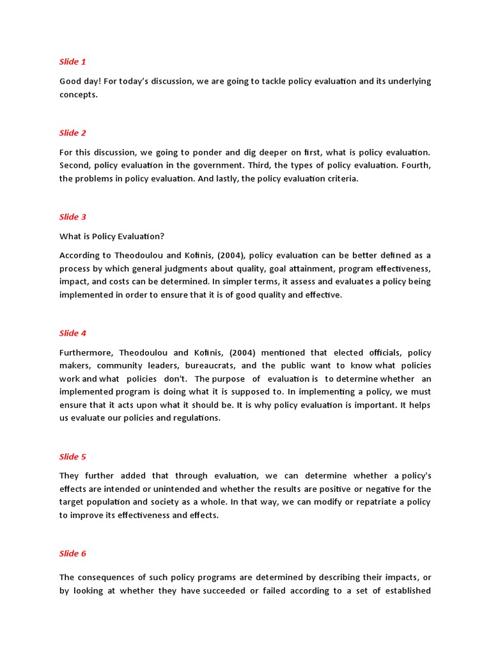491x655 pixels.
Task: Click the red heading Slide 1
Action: [72, 62]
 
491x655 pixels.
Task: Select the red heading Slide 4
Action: [72, 333]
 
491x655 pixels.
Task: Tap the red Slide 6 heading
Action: [72, 554]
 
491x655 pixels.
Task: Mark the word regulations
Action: [195, 418]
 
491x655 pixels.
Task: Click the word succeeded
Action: [224, 591]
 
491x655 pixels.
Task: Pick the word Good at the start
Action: [70, 81]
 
